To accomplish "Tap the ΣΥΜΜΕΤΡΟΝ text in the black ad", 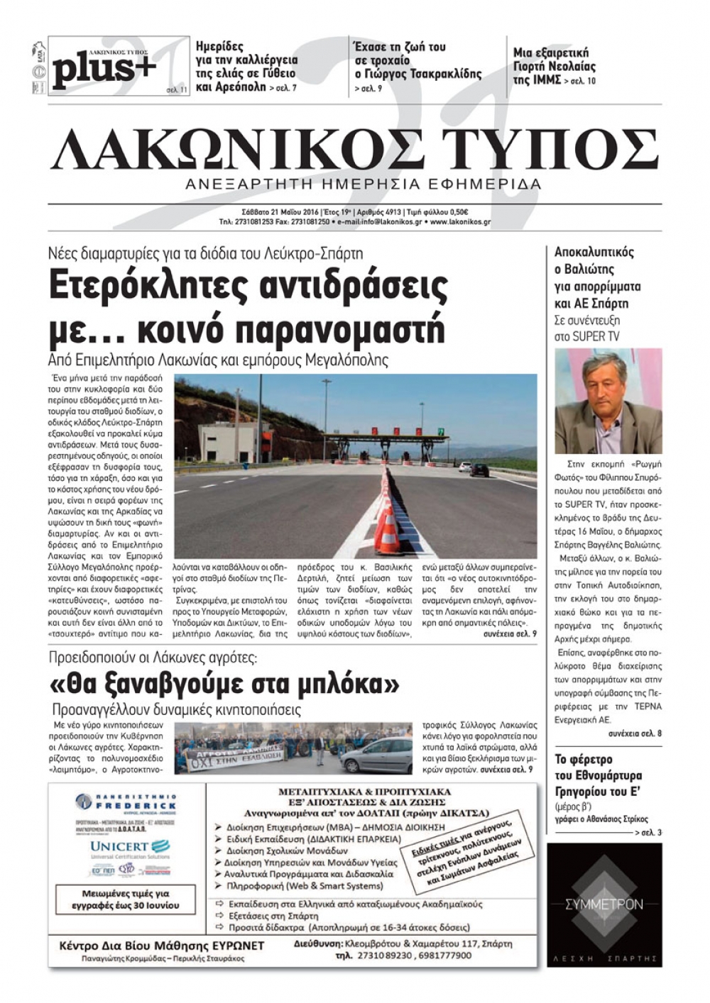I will click(x=604, y=904).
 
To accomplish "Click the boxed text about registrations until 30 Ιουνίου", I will click(x=126, y=899).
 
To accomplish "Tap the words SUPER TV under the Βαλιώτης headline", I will click(x=586, y=336).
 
